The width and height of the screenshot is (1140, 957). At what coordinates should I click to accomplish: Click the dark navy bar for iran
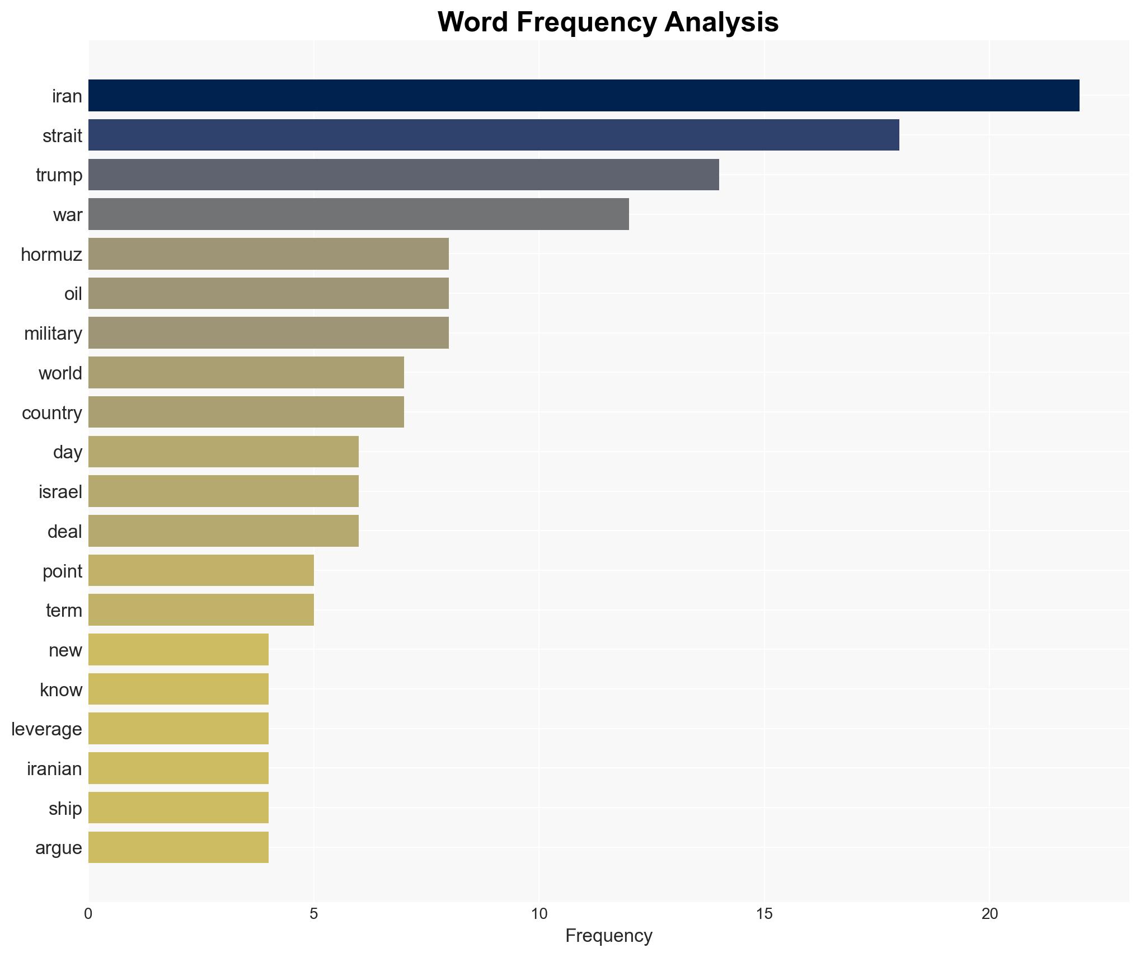[x=584, y=96]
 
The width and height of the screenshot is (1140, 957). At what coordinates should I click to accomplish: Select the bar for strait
[x=494, y=135]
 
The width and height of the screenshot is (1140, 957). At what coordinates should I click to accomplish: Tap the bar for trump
[x=404, y=175]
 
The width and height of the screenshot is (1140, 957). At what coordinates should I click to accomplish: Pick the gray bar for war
[x=358, y=214]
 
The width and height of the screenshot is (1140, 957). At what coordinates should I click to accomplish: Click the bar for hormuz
[x=269, y=254]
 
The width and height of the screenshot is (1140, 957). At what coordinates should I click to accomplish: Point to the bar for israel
[x=223, y=491]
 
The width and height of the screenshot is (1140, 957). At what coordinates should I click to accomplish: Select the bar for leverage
[x=179, y=729]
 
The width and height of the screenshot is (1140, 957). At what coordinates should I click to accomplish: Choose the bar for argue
[x=179, y=847]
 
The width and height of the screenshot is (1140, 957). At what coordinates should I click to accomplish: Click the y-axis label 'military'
[x=53, y=334]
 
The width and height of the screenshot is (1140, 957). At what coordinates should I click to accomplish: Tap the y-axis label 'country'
[x=52, y=413]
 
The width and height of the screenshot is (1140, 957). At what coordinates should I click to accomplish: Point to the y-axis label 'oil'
[x=73, y=294]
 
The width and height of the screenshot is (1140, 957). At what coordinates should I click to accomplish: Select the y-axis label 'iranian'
[x=54, y=769]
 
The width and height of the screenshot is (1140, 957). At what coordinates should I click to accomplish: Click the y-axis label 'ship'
[x=65, y=809]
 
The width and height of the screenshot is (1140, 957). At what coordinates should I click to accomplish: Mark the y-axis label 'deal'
[x=64, y=532]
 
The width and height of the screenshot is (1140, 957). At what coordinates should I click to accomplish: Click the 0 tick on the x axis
[x=88, y=914]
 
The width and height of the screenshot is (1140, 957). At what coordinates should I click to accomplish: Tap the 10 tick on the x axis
[x=539, y=914]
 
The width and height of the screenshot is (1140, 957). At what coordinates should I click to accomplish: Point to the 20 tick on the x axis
[x=989, y=914]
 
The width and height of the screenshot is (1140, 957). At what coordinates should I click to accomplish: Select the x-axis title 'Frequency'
[x=608, y=936]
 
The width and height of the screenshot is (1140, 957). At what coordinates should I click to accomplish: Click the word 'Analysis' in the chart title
[x=721, y=22]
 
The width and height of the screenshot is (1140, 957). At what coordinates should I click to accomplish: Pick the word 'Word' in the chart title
[x=473, y=22]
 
